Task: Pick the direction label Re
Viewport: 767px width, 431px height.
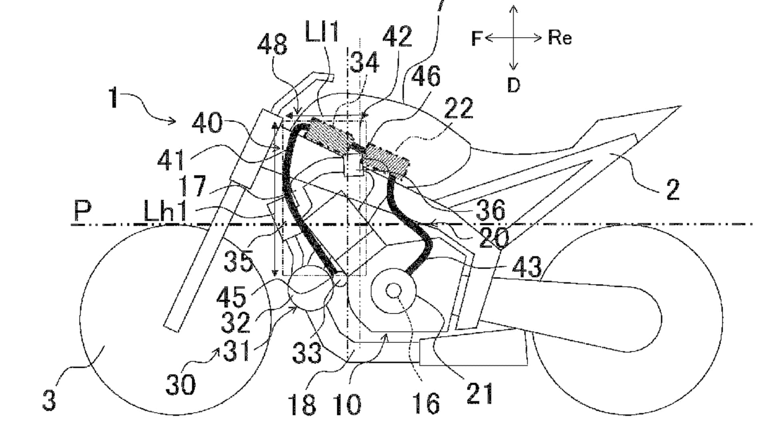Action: coord(560,38)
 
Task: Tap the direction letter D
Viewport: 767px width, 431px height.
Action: coord(514,85)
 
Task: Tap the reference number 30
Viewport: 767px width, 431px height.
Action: coord(181,384)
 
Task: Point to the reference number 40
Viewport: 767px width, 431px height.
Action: coord(207,123)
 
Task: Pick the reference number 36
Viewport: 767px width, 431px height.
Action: coord(491,210)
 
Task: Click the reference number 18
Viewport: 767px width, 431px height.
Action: coord(302,405)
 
